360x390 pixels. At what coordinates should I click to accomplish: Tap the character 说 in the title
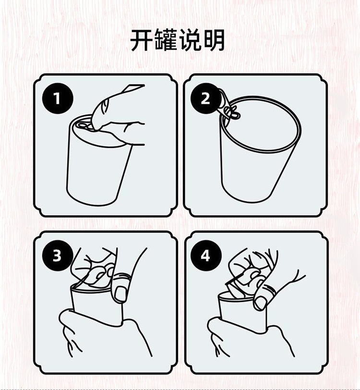pyautogui.click(x=190, y=40)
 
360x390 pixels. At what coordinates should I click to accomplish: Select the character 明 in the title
pyautogui.click(x=214, y=40)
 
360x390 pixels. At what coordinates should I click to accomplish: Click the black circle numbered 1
pyautogui.click(x=58, y=98)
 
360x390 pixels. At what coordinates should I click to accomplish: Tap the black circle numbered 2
pyautogui.click(x=205, y=98)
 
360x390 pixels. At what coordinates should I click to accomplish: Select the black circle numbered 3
pyautogui.click(x=57, y=255)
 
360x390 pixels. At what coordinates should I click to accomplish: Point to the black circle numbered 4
pyautogui.click(x=205, y=255)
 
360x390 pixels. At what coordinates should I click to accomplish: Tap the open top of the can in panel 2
pyautogui.click(x=261, y=123)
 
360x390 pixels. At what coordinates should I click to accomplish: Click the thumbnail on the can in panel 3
pyautogui.click(x=121, y=293)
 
